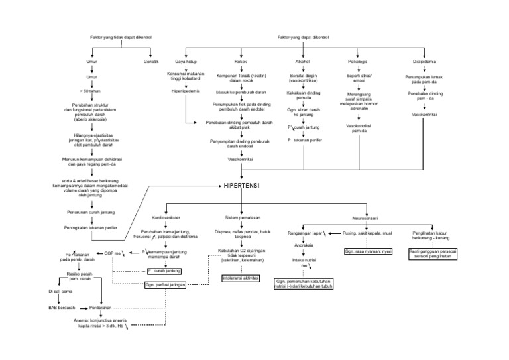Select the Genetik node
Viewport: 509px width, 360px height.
coord(150,61)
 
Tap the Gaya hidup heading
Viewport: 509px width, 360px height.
coord(185,61)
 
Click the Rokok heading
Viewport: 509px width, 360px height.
coord(241,61)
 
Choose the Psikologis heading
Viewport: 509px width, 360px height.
coord(358,61)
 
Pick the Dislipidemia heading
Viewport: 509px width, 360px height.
coord(424,61)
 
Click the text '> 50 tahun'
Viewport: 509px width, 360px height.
coord(90,90)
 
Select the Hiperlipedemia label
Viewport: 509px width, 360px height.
coord(185,90)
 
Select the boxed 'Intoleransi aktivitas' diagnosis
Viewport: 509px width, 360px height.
coord(241,278)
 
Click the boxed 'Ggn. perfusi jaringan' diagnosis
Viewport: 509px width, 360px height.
coord(165,284)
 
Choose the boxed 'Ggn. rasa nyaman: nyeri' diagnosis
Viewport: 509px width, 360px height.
coord(368,252)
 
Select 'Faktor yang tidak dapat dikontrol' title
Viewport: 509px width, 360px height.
coord(121,38)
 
